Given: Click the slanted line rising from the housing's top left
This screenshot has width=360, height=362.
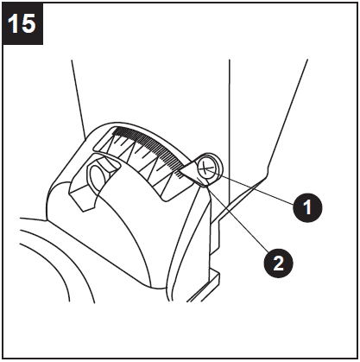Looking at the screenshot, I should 78,95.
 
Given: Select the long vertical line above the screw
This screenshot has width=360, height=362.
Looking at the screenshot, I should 229,104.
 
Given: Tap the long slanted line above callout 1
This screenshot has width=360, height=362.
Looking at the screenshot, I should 289,112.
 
